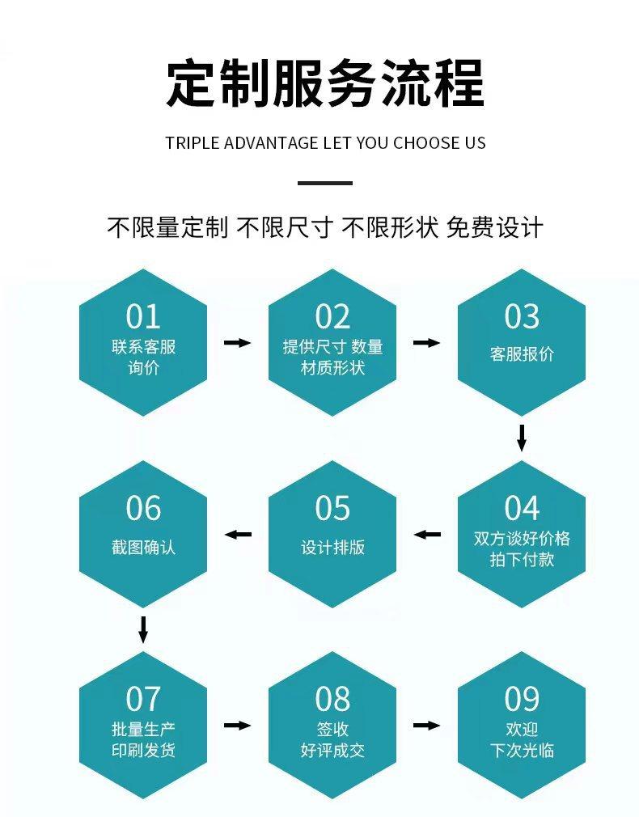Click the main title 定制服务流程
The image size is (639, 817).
(325, 83)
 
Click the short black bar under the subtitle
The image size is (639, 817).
(325, 183)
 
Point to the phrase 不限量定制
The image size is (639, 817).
(167, 227)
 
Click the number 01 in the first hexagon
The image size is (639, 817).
(143, 316)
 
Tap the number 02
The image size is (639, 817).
(332, 316)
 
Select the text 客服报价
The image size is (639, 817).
(522, 354)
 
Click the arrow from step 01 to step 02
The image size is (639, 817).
(238, 343)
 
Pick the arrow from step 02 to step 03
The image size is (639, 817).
(426, 343)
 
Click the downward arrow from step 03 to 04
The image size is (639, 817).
(522, 438)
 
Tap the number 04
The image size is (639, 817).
(522, 508)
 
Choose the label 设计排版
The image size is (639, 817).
(332, 548)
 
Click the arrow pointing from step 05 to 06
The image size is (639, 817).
(238, 535)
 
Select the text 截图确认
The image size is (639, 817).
(143, 548)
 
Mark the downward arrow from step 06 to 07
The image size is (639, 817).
(143, 629)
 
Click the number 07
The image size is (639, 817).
(143, 699)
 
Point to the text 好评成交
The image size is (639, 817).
(332, 750)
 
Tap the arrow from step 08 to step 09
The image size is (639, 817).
(426, 726)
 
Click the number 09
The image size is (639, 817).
(522, 699)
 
